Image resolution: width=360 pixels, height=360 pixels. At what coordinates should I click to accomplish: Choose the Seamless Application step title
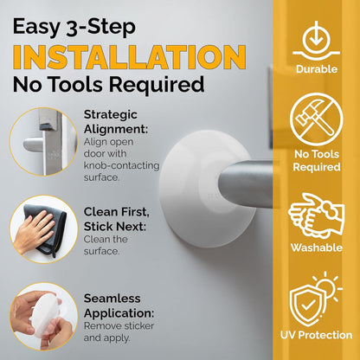(118, 305)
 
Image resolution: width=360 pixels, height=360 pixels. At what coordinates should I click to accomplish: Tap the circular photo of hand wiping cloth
(39, 228)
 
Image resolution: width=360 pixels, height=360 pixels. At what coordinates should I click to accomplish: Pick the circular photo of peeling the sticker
(39, 319)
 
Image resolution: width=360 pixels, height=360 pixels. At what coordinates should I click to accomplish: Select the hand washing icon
(317, 213)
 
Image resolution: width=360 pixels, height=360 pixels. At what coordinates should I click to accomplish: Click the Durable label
(317, 69)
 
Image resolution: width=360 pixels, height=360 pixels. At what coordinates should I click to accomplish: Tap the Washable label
(317, 247)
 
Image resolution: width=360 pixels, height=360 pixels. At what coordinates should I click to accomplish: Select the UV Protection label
(317, 334)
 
